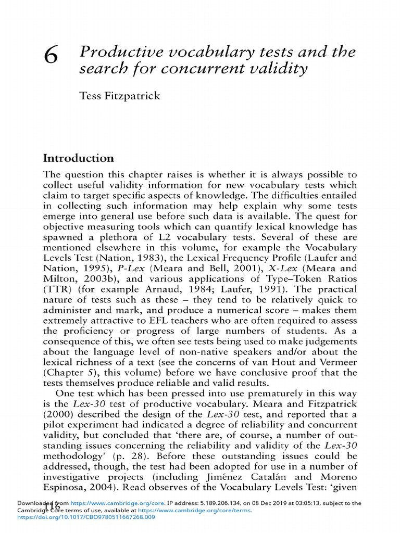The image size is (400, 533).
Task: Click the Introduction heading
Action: pos(78,158)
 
